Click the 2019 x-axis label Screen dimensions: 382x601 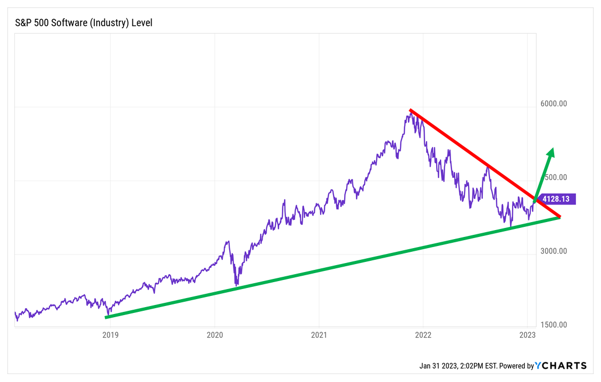pos(110,335)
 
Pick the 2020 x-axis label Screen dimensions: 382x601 pos(214,335)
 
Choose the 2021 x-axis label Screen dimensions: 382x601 pos(319,335)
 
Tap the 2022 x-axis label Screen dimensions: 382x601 pos(423,335)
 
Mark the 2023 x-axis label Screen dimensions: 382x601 pos(527,335)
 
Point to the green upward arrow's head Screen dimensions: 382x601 pos(551,152)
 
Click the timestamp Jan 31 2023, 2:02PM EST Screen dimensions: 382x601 pos(457,366)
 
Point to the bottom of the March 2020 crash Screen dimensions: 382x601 pos(236,285)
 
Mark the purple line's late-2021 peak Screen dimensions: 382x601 pos(411,112)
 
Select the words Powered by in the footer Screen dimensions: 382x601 pos(516,366)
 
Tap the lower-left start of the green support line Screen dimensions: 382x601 pos(107,317)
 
